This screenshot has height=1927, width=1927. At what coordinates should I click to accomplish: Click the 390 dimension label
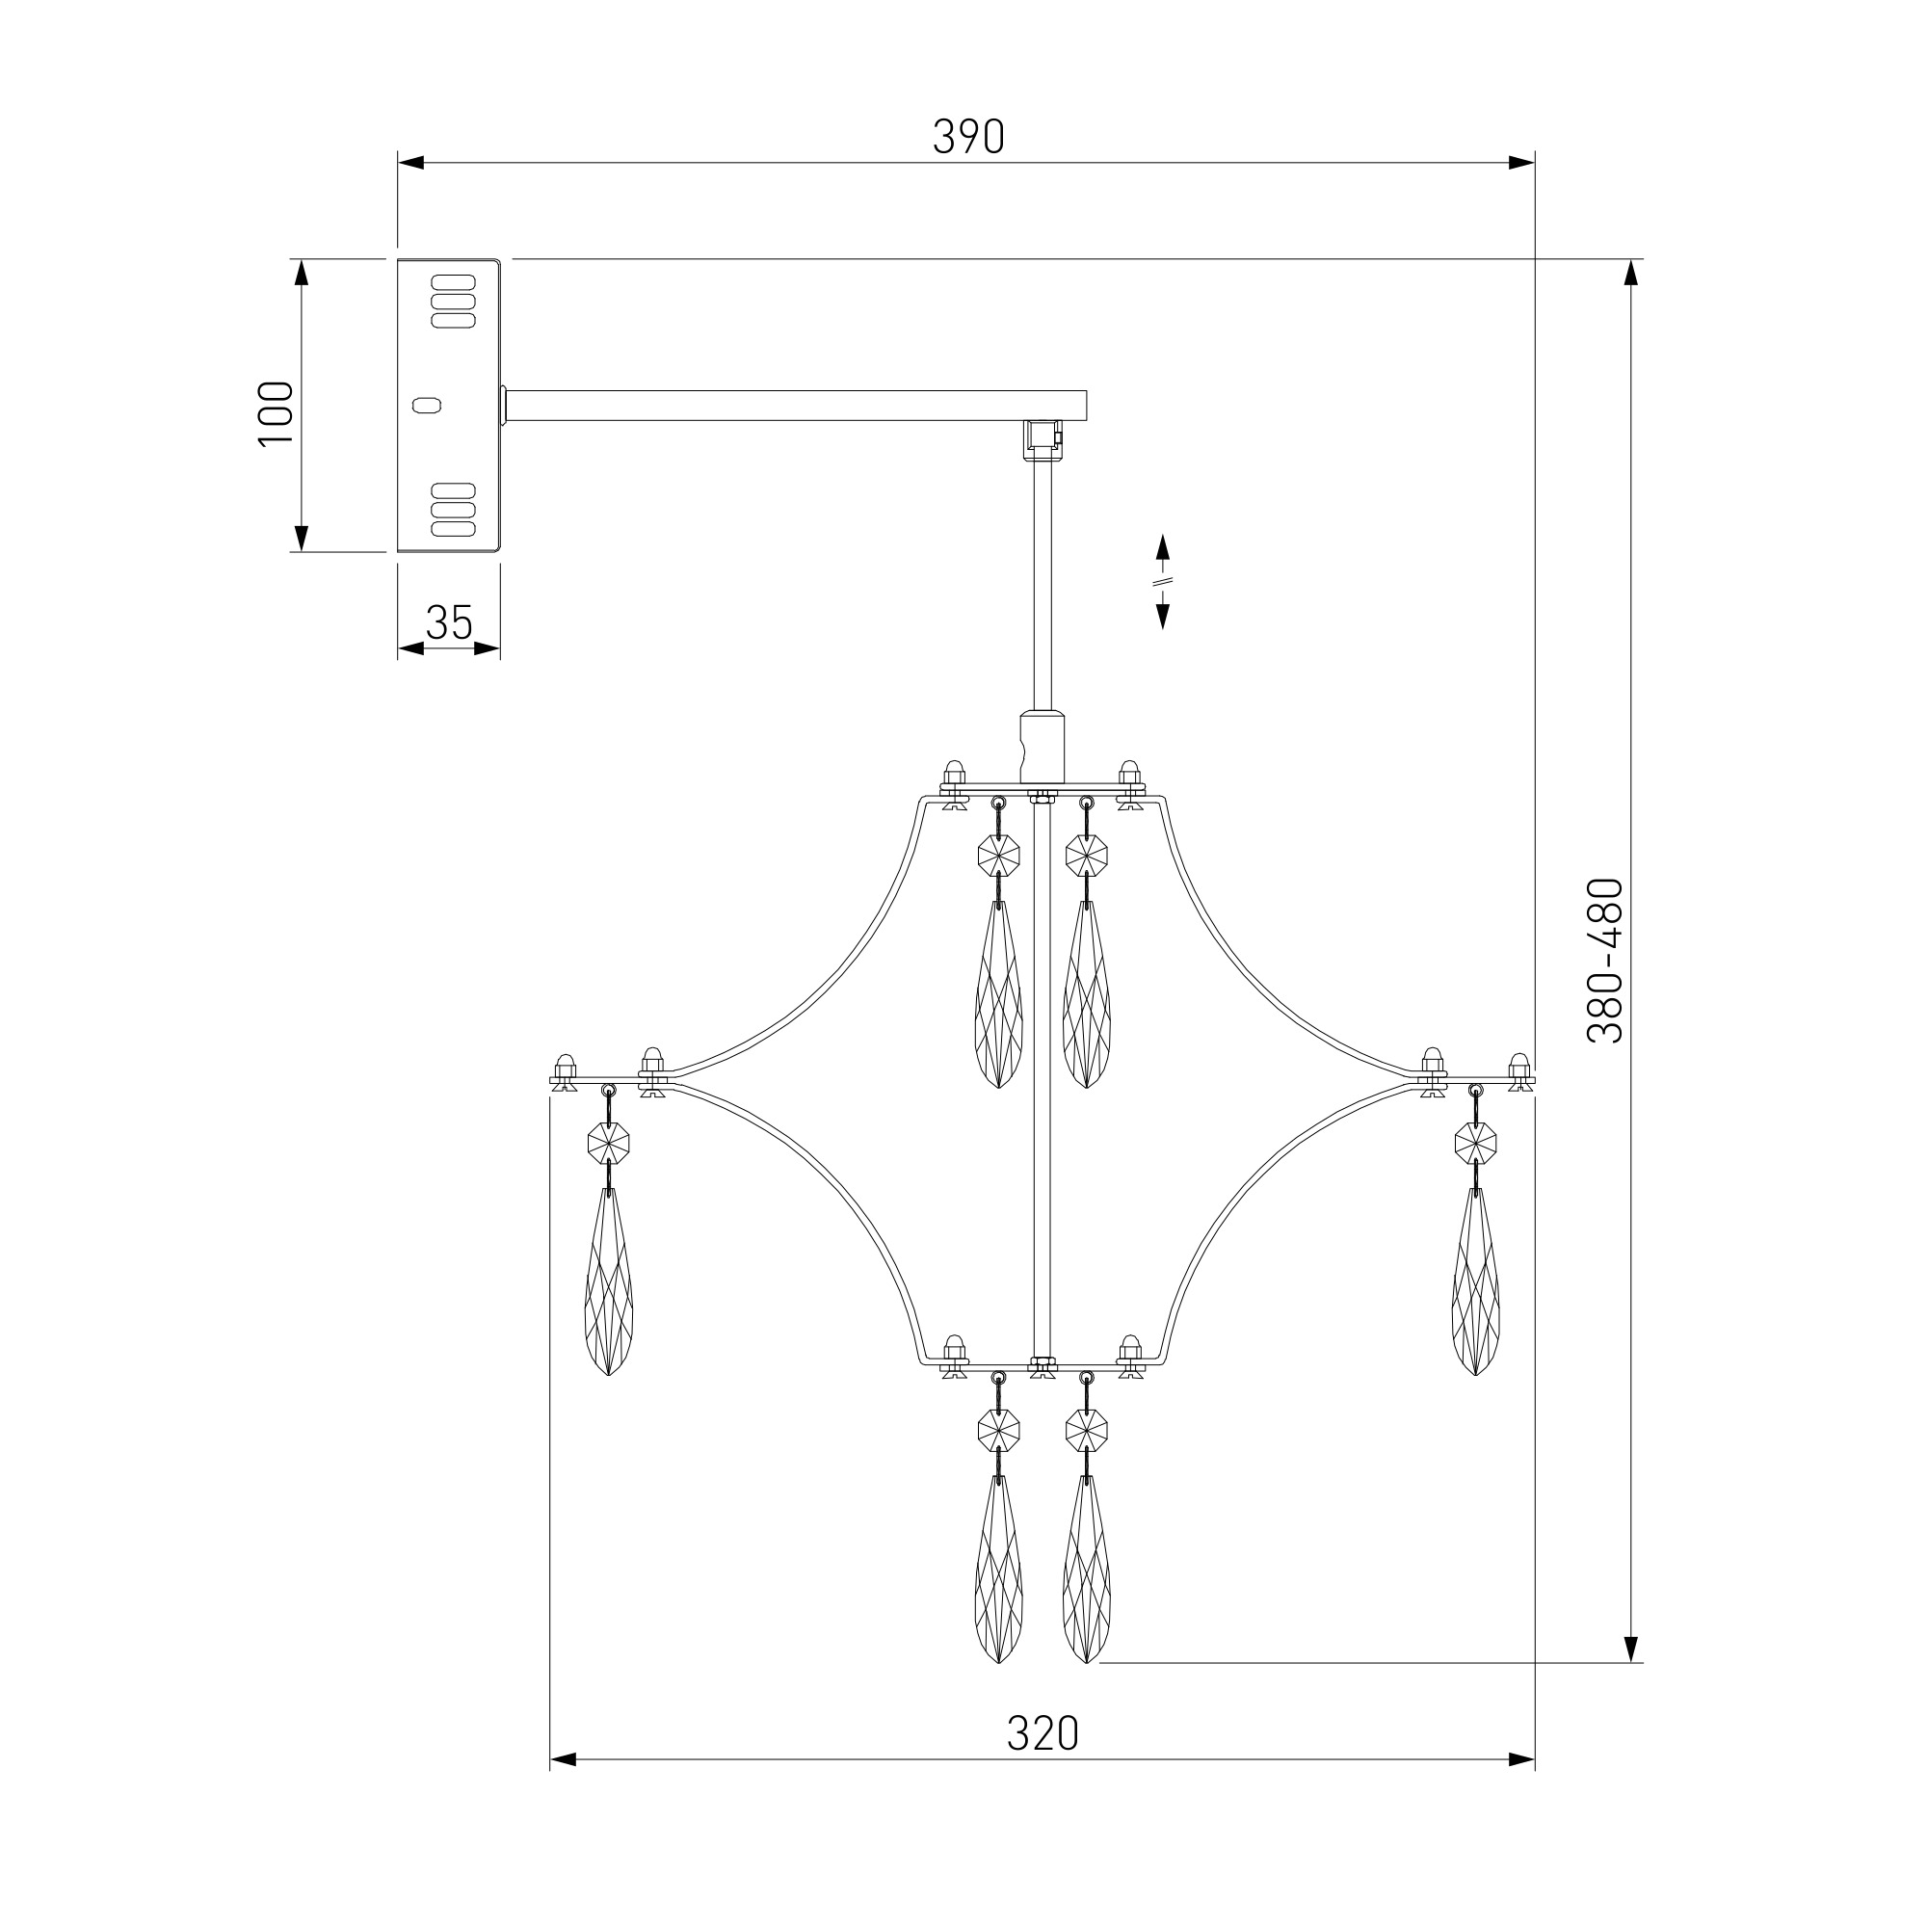(967, 137)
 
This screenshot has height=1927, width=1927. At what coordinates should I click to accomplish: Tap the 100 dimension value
(277, 414)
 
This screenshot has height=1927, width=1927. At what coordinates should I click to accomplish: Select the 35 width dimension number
(449, 623)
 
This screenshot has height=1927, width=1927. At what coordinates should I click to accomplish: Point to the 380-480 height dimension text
(1605, 961)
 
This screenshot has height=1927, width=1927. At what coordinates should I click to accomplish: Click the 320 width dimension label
(1043, 1733)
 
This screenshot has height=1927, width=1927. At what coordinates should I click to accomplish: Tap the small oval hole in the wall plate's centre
(426, 404)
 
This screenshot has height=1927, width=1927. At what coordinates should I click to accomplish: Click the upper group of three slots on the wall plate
(453, 302)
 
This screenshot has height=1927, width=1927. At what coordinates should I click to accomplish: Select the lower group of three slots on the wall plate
(453, 511)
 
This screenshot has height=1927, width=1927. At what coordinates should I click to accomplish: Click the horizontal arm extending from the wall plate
(795, 405)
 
